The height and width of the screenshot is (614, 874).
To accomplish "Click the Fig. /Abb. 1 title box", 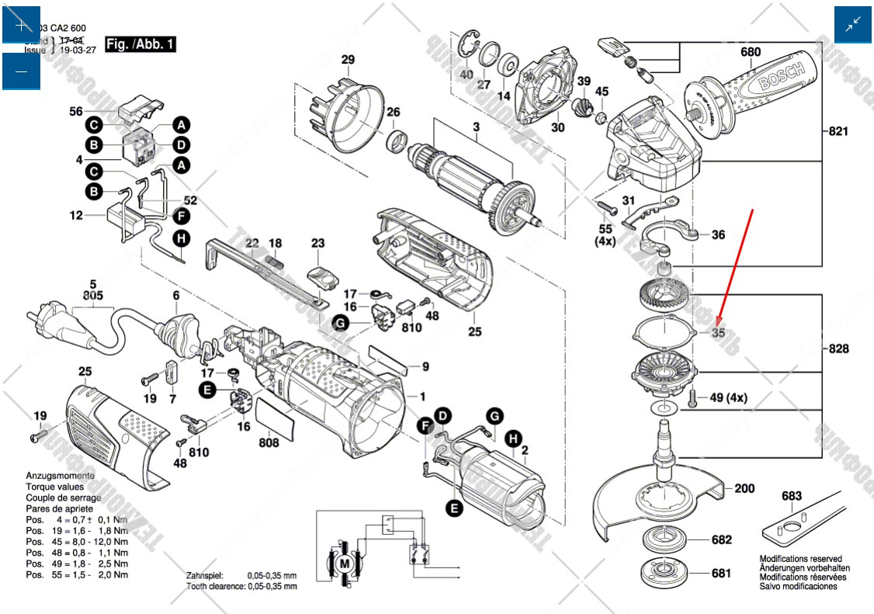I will tap(140, 44).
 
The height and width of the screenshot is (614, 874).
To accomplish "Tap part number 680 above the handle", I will tap(751, 53).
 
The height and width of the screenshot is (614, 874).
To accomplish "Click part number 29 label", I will tap(348, 60).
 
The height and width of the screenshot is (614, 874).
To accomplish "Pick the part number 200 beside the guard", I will tap(744, 488).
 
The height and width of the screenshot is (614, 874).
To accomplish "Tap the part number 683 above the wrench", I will tap(792, 496).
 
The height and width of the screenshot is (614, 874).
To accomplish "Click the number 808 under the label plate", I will tap(269, 443).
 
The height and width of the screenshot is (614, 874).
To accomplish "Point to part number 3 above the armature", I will tap(476, 127).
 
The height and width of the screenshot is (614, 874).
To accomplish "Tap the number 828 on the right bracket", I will tap(838, 349).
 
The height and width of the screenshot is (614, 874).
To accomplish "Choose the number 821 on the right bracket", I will tap(838, 132).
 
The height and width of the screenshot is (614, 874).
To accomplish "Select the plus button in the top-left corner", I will tap(21, 26).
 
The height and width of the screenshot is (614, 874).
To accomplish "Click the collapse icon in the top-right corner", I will tap(853, 26).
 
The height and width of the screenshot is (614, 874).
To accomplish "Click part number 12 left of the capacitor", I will tap(75, 216).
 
